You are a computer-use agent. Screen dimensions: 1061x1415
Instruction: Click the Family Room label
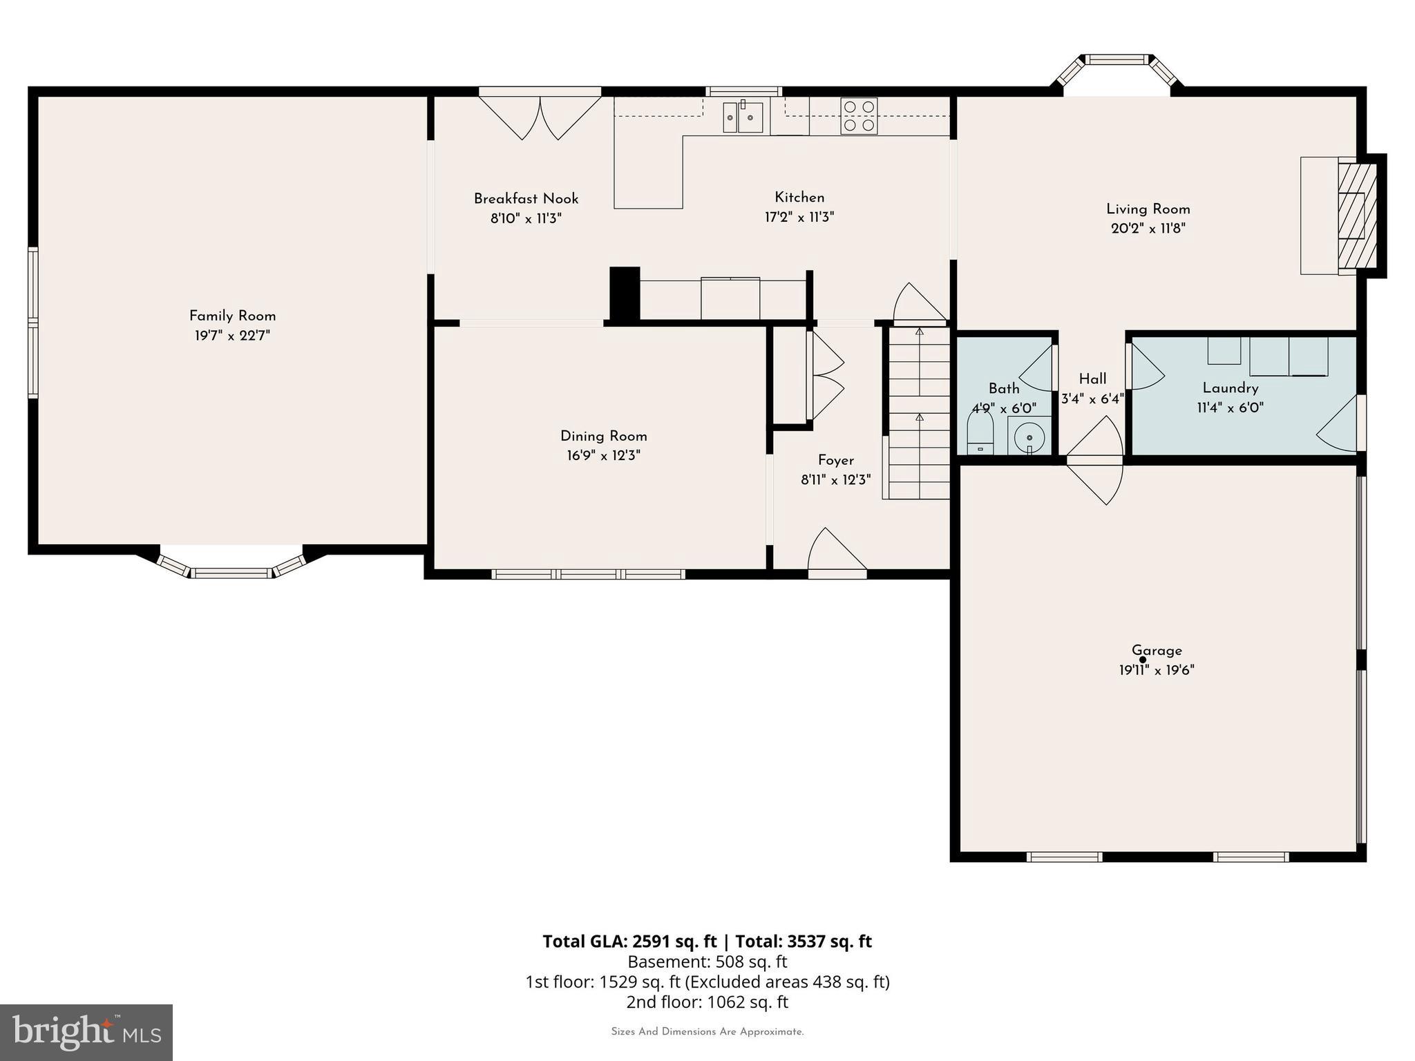pyautogui.click(x=232, y=316)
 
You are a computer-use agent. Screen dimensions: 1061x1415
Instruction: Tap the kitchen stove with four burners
pyautogui.click(x=859, y=115)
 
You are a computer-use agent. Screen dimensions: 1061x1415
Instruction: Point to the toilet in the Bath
pyautogui.click(x=980, y=434)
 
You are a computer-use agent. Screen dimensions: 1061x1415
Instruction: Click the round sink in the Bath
pyautogui.click(x=1029, y=437)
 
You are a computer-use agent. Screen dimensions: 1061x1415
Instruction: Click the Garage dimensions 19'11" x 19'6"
pyautogui.click(x=1157, y=670)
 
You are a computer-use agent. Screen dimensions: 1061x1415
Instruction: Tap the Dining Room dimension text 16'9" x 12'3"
pyautogui.click(x=603, y=456)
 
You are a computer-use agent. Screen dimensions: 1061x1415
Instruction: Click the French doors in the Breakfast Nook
pyautogui.click(x=540, y=115)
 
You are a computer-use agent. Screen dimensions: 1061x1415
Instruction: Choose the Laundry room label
pyautogui.click(x=1230, y=388)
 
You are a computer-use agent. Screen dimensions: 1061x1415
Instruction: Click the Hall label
pyautogui.click(x=1092, y=379)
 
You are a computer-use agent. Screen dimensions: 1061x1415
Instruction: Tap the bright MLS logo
pyautogui.click(x=86, y=1033)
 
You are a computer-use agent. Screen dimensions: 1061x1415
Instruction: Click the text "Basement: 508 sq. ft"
pyautogui.click(x=707, y=962)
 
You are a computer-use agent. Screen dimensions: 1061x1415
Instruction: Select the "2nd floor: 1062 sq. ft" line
pyautogui.click(x=707, y=1002)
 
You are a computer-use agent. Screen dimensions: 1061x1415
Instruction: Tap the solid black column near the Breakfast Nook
pyautogui.click(x=625, y=294)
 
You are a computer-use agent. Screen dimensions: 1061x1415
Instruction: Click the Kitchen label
pyautogui.click(x=799, y=198)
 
